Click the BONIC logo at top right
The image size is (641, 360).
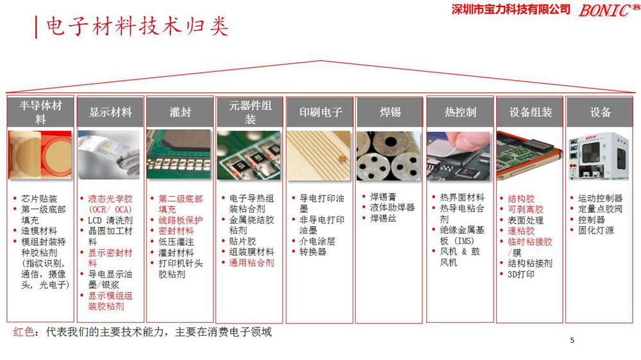(x=604, y=10)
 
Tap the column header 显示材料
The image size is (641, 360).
(x=110, y=112)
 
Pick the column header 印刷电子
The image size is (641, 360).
(x=320, y=112)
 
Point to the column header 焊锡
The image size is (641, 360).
(x=390, y=112)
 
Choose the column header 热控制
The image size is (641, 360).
(x=460, y=112)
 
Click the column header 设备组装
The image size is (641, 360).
(x=530, y=112)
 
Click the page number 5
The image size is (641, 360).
(x=572, y=340)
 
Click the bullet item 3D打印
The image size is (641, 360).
(x=520, y=274)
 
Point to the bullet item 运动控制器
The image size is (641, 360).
(x=600, y=199)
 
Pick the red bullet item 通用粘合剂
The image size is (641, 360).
(x=251, y=263)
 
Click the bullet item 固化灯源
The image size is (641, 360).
(x=595, y=230)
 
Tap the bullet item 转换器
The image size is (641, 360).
(x=313, y=252)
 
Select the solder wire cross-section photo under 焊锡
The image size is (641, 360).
(x=389, y=156)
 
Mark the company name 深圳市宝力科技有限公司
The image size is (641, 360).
(x=511, y=9)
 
